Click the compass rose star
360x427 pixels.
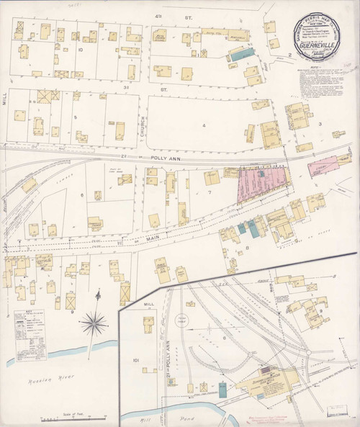point(94,324)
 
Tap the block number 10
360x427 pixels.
point(81,50)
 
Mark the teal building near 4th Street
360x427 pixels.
point(241,53)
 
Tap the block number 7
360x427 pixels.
point(209,192)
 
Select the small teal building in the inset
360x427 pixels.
point(223,390)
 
